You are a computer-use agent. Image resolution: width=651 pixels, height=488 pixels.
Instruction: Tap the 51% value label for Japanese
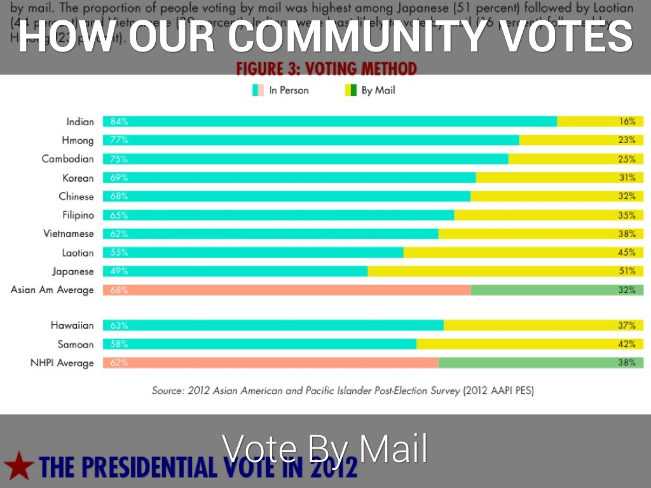(627, 271)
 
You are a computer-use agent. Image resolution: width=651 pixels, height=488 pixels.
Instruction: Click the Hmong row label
(77, 140)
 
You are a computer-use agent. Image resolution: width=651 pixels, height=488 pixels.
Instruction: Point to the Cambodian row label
(67, 159)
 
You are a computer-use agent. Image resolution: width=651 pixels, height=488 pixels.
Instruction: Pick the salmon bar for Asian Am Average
(286, 290)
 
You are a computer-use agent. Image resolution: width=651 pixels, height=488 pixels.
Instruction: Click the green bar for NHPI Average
(540, 363)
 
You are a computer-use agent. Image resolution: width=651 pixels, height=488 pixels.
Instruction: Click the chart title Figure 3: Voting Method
(326, 69)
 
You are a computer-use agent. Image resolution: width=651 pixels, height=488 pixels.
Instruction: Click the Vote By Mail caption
(325, 449)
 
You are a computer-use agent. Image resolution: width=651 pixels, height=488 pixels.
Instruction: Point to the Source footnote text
(343, 391)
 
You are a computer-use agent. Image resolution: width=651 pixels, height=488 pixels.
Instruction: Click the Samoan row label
(75, 344)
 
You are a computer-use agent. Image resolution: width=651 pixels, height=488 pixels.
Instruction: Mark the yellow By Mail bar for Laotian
(521, 252)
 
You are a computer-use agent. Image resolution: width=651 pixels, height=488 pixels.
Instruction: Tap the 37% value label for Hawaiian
(627, 325)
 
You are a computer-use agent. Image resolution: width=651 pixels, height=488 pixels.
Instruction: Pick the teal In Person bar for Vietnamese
(270, 234)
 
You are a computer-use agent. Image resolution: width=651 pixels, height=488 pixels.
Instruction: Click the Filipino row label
(78, 215)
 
